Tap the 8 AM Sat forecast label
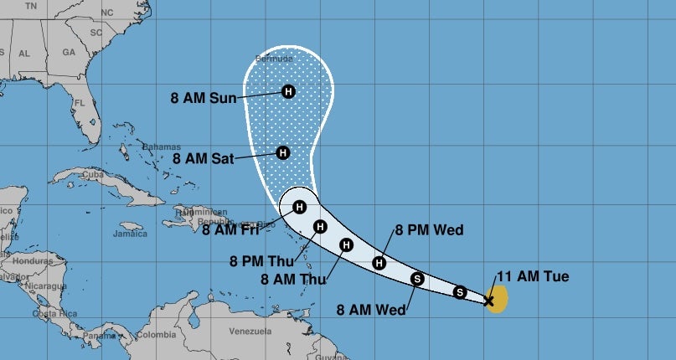tap(203, 157)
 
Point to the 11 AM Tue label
tap(532, 276)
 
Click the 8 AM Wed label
tap(371, 310)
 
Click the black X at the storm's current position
tap(489, 300)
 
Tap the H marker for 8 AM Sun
tap(288, 91)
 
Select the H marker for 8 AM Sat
tap(283, 152)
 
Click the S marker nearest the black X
tap(459, 291)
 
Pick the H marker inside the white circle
tap(299, 207)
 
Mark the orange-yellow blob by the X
tap(499, 300)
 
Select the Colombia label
tap(157, 336)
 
